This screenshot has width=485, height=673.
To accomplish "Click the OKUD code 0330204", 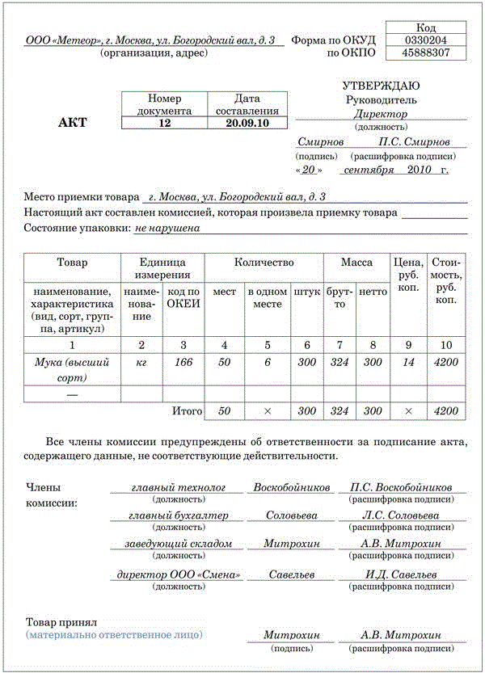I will coord(426,39).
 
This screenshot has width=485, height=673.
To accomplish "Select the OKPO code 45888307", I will coord(426,53).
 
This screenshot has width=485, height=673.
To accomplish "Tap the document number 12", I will coord(164,123).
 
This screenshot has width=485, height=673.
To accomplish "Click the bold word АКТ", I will coord(72,123).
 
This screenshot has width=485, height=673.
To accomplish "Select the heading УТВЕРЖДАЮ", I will coord(381,86).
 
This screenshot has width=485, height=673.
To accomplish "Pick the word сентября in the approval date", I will coord(369,170).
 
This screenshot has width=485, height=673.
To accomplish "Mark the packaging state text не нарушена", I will coord(167,228).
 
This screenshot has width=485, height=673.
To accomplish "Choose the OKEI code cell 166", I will coord(183,362).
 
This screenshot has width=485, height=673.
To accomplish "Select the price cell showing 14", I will coord(408,362).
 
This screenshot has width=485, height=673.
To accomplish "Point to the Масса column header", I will coord(356,263).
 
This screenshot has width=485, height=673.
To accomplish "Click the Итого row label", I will coord(188,410).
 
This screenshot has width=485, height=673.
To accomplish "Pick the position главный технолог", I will coord(178,488).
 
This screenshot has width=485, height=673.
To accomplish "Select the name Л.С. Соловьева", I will coord(401,515).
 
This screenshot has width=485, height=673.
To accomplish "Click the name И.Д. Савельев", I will coord(401,574).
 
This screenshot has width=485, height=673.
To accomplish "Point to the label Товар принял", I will coord(61,622).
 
